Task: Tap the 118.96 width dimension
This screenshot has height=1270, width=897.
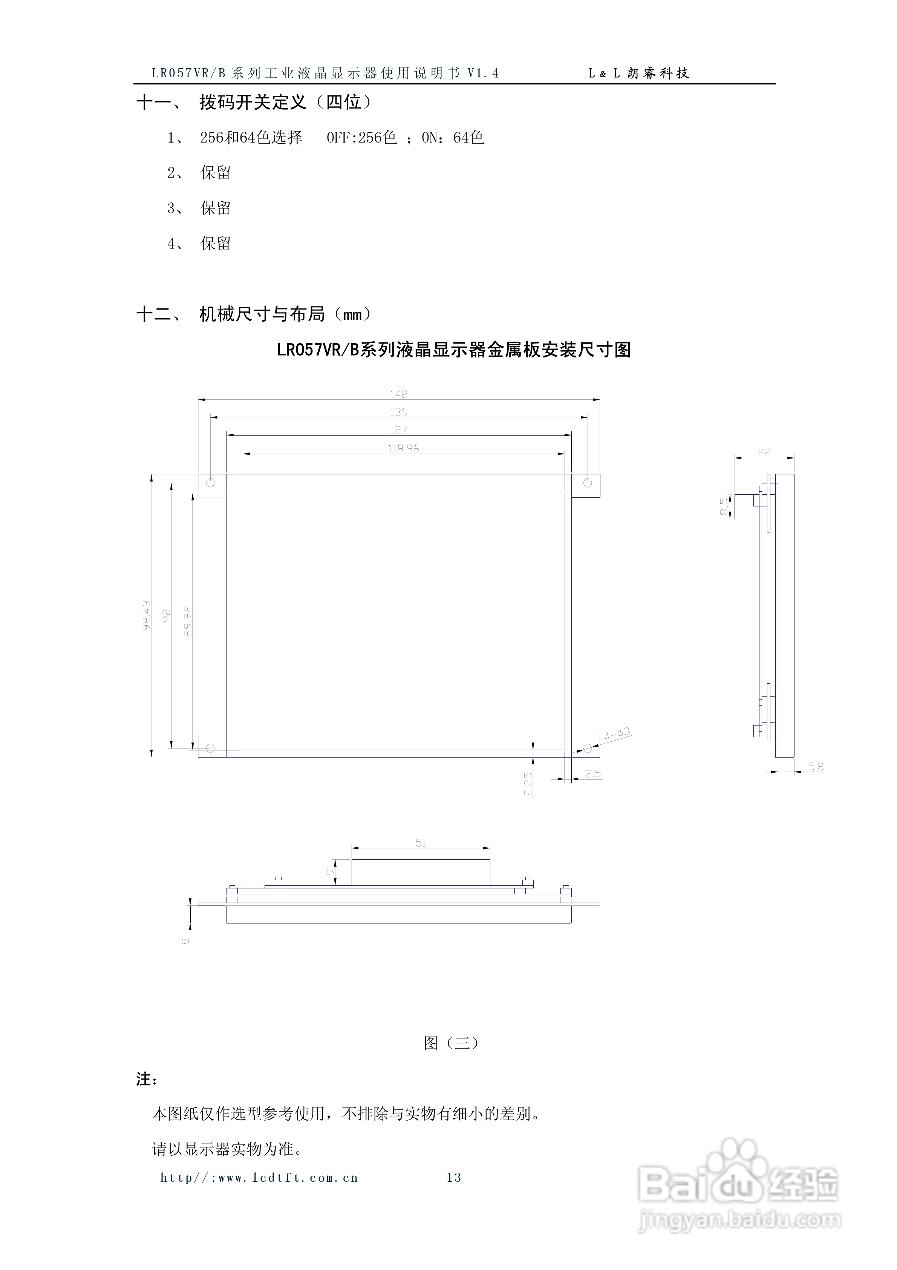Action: click(x=403, y=449)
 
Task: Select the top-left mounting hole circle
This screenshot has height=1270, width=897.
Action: click(x=210, y=483)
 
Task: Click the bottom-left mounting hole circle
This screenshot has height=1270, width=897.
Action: click(x=210, y=749)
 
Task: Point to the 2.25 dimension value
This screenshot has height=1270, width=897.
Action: click(x=528, y=784)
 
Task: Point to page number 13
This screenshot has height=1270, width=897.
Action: click(x=453, y=1178)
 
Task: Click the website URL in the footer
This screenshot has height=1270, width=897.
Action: click(x=259, y=1178)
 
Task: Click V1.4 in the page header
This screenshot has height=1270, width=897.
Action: click(x=483, y=73)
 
